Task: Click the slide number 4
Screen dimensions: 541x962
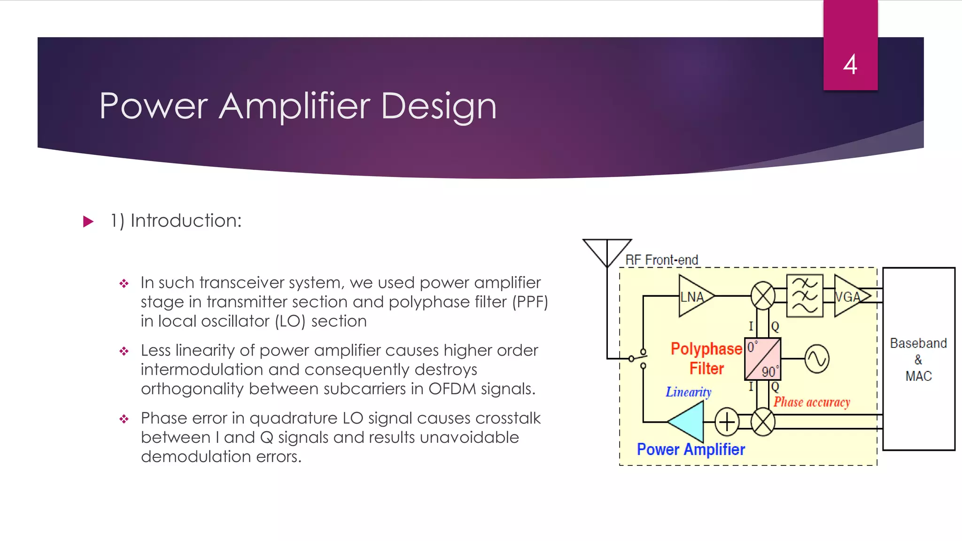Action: tap(850, 64)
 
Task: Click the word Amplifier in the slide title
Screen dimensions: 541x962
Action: tap(295, 106)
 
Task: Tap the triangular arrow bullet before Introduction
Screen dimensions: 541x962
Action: tap(88, 221)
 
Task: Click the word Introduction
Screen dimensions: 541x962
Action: tap(186, 221)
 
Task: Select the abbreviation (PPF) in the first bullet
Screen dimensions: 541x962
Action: tap(530, 302)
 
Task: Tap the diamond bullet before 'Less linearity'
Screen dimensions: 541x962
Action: tap(124, 351)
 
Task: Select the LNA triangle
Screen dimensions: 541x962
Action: tap(694, 296)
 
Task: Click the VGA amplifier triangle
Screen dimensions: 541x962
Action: tap(849, 296)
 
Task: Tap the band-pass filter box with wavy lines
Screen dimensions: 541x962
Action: tap(805, 296)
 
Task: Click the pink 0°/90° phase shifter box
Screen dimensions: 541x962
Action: tap(762, 359)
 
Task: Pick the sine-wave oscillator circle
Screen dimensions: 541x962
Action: tap(817, 359)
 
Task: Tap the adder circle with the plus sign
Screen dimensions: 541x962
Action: tap(727, 422)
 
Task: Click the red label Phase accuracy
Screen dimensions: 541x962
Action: tap(812, 402)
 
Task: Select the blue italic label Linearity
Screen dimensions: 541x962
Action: tap(688, 392)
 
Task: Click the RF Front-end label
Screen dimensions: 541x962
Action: tap(661, 260)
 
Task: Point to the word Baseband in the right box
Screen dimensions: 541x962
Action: tap(918, 343)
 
